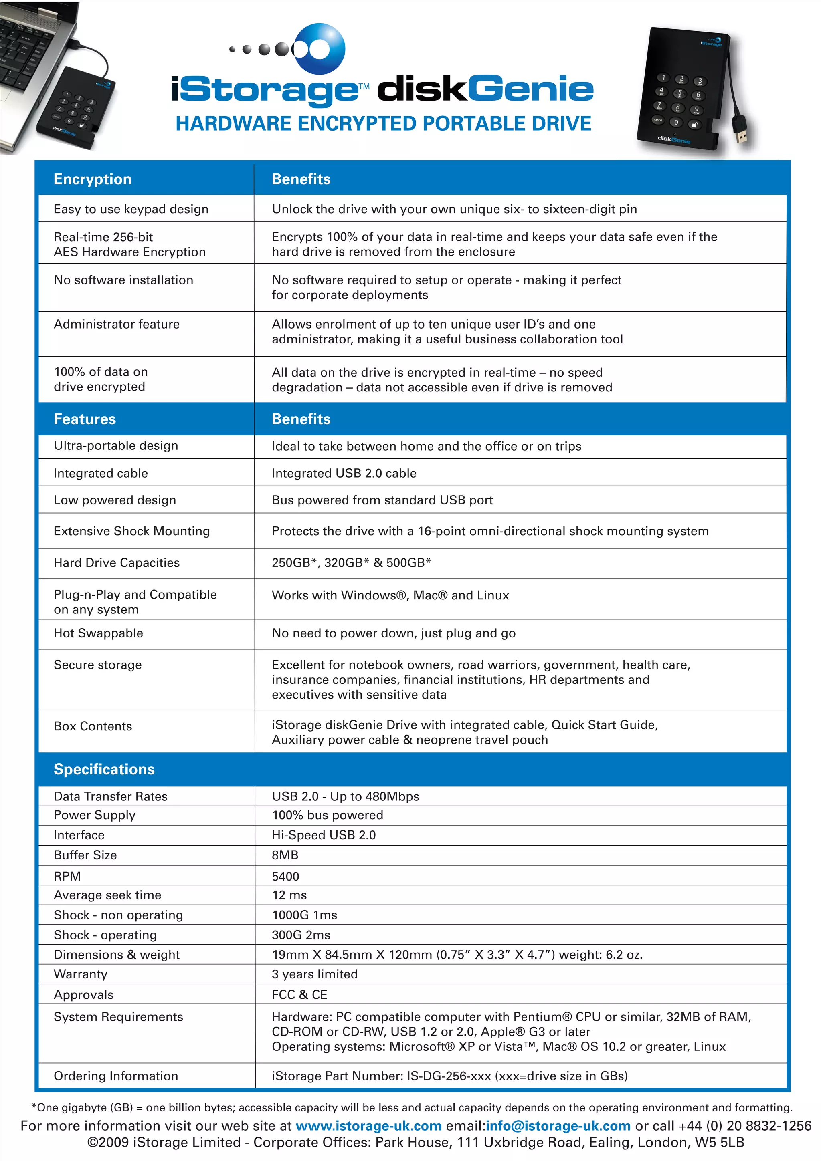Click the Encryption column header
coord(93,179)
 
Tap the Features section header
coord(85,419)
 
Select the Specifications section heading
coord(104,769)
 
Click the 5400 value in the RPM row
coord(285,876)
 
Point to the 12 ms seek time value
coord(289,895)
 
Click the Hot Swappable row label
coord(98,633)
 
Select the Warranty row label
coord(81,974)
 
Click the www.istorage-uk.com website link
coord(368,1126)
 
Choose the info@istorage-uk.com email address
coord(558,1126)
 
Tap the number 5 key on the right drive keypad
coord(679,93)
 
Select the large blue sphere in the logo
coord(319,48)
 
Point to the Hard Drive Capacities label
coord(116,563)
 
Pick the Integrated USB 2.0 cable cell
coord(344,473)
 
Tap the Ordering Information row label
coord(116,1076)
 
